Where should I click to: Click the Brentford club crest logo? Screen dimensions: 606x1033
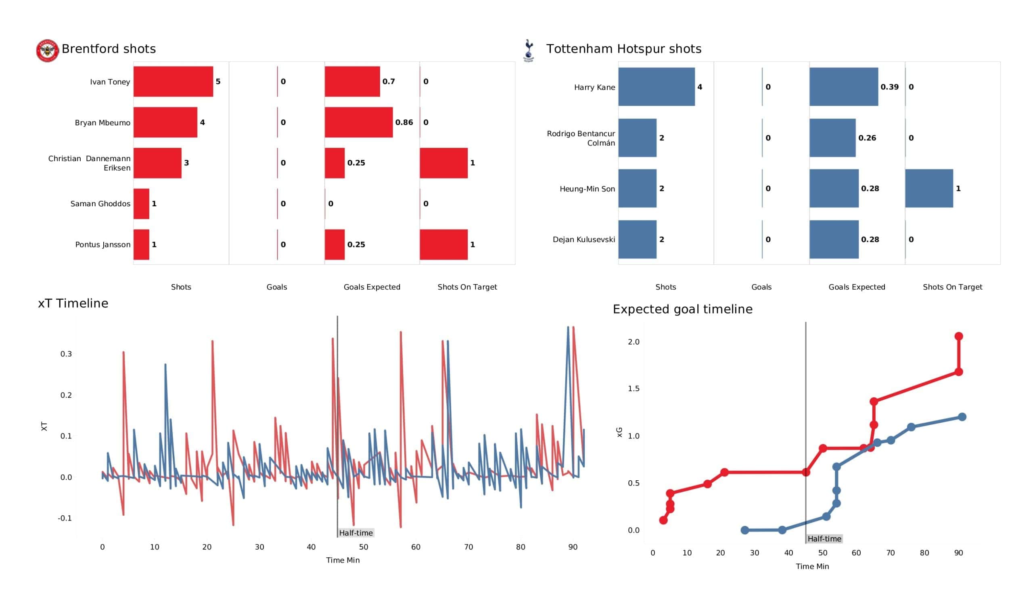tap(47, 51)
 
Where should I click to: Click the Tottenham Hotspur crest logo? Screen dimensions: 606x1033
tap(529, 50)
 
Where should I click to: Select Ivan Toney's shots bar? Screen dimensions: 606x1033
tap(173, 82)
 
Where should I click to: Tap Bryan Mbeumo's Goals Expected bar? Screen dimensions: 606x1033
tap(359, 122)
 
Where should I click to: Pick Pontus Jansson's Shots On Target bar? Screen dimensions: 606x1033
tap(443, 245)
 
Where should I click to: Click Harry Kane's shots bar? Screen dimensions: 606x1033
tap(656, 87)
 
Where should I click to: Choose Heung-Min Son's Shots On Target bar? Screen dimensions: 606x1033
tap(929, 188)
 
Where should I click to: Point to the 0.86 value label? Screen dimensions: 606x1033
tap(404, 122)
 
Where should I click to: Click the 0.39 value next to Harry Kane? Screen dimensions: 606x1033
tap(889, 87)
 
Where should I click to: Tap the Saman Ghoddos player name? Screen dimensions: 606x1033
tap(100, 204)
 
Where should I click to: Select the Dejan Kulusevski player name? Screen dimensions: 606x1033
tap(584, 239)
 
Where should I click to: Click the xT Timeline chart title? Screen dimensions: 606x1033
tap(73, 303)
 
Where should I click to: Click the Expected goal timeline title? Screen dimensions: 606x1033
tap(682, 309)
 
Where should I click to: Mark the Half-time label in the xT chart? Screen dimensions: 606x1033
tap(356, 533)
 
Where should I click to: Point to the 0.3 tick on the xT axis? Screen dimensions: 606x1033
tap(66, 354)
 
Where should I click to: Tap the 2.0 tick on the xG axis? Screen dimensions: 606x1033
tap(634, 342)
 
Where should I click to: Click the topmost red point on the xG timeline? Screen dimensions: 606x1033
tap(958, 336)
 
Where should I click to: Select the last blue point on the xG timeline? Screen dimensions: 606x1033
tap(962, 417)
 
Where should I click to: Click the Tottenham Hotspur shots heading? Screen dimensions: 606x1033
tap(623, 49)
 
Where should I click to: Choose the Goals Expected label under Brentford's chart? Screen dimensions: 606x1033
tap(372, 287)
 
